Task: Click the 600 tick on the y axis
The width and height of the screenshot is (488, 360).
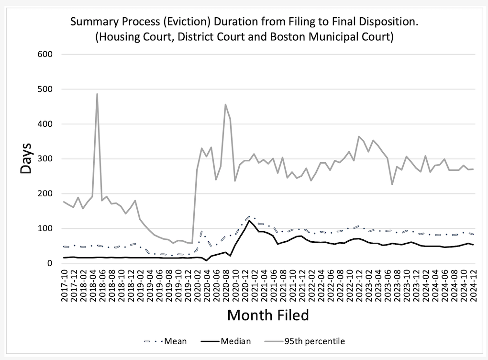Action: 45,54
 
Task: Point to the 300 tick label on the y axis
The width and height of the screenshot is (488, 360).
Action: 45,159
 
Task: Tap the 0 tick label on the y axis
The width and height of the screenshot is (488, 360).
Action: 49,263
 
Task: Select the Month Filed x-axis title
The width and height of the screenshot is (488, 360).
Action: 268,315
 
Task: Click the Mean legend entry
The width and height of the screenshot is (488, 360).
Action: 165,341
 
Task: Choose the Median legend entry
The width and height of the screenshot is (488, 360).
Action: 226,341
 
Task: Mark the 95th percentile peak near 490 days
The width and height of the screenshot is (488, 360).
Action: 97,94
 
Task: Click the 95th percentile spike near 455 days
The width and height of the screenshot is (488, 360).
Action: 225,105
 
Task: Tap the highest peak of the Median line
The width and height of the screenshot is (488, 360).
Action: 249,221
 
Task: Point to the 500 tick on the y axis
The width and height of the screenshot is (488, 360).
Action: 45,89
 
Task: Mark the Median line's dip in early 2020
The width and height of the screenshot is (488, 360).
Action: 207,260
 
